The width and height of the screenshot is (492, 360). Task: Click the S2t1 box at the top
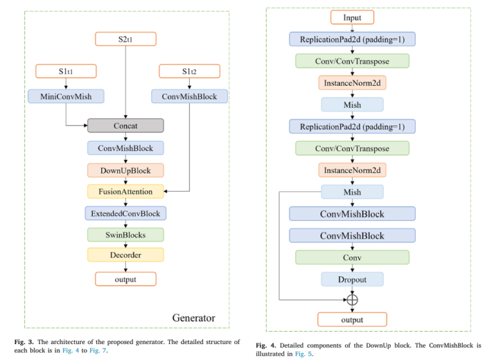[x=126, y=39]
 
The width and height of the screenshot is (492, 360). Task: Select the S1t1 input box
[x=66, y=71]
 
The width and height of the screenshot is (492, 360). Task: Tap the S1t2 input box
[x=189, y=71]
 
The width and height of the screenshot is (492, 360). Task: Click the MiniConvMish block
[x=66, y=97]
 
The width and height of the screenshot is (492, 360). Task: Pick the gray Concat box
[x=126, y=126]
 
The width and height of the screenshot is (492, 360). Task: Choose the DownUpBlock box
[x=126, y=170]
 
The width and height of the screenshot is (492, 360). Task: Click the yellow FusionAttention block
[x=126, y=191]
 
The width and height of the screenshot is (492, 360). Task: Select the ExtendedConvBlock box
[x=126, y=213]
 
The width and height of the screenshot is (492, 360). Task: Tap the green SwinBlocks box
[x=126, y=234]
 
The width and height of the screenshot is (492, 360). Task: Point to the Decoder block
[x=126, y=255]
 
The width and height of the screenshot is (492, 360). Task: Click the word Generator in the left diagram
[x=193, y=318]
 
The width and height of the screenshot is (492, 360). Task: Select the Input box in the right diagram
[x=352, y=17]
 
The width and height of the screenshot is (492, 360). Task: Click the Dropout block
[x=352, y=279]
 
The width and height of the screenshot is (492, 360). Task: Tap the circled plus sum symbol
[x=352, y=299]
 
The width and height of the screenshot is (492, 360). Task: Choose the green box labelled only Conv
[x=352, y=258]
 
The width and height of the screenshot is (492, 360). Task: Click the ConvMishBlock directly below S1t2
[x=189, y=97]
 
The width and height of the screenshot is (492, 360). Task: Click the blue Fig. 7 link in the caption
[x=97, y=350]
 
